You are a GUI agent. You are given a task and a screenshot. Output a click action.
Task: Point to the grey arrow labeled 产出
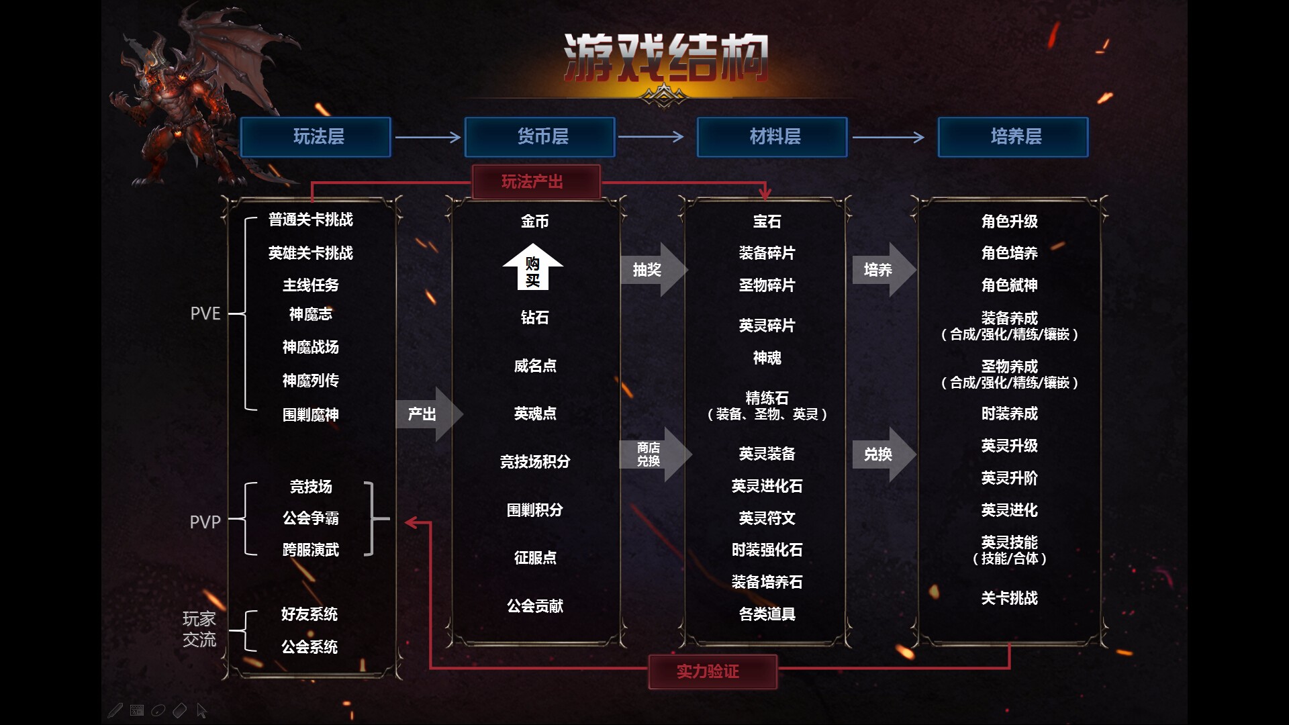pos(426,414)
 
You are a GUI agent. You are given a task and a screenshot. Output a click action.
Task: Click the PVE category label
pos(205,313)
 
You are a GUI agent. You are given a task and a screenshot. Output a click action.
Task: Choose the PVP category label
pos(205,522)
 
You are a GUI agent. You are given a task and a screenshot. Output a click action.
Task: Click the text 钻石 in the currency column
pos(535,318)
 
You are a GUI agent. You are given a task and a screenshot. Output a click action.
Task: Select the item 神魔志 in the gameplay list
pos(310,314)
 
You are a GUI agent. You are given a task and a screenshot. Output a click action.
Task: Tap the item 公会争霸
pos(310,518)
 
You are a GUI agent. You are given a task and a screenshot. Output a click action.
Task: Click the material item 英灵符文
pos(767,518)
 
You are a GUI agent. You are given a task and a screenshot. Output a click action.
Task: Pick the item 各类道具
pos(767,614)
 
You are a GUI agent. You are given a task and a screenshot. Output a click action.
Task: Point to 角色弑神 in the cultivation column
pos(1009,285)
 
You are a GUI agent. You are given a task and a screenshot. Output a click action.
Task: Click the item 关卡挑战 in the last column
pos(1009,598)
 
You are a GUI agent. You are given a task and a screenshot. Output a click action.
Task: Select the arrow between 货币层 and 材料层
pos(650,137)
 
